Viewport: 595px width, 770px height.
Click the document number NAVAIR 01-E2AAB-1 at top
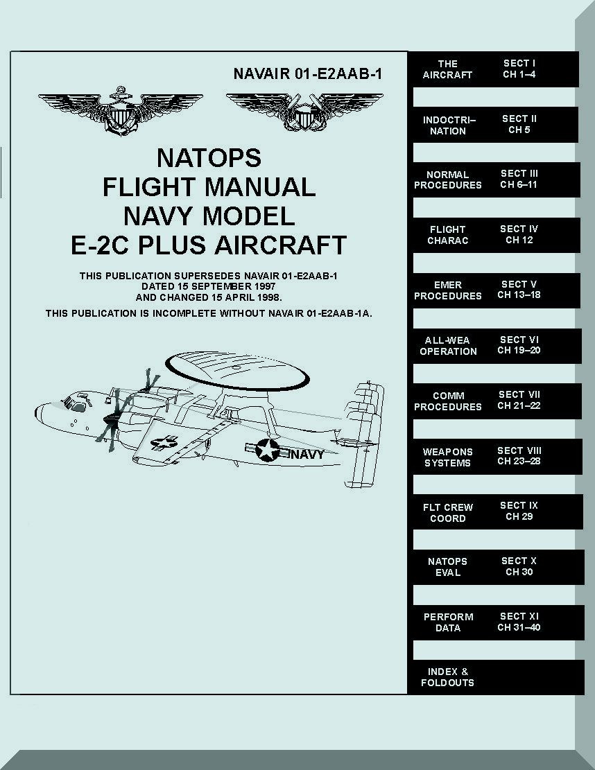(x=308, y=73)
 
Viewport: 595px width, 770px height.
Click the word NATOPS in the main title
(x=209, y=158)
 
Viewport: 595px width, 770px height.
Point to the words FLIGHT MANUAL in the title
(x=209, y=187)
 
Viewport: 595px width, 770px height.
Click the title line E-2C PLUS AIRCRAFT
(x=209, y=245)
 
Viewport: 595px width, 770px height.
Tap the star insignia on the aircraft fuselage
(x=266, y=450)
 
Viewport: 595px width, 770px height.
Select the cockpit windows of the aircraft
(x=75, y=404)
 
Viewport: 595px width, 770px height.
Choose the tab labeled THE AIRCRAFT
(x=447, y=69)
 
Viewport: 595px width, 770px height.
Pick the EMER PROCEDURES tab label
(x=447, y=290)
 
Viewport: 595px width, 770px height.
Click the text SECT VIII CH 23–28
(x=519, y=456)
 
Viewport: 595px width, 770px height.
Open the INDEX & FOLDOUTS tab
(x=447, y=677)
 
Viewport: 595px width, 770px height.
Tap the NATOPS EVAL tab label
(x=447, y=567)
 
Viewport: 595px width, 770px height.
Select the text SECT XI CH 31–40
(x=519, y=622)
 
